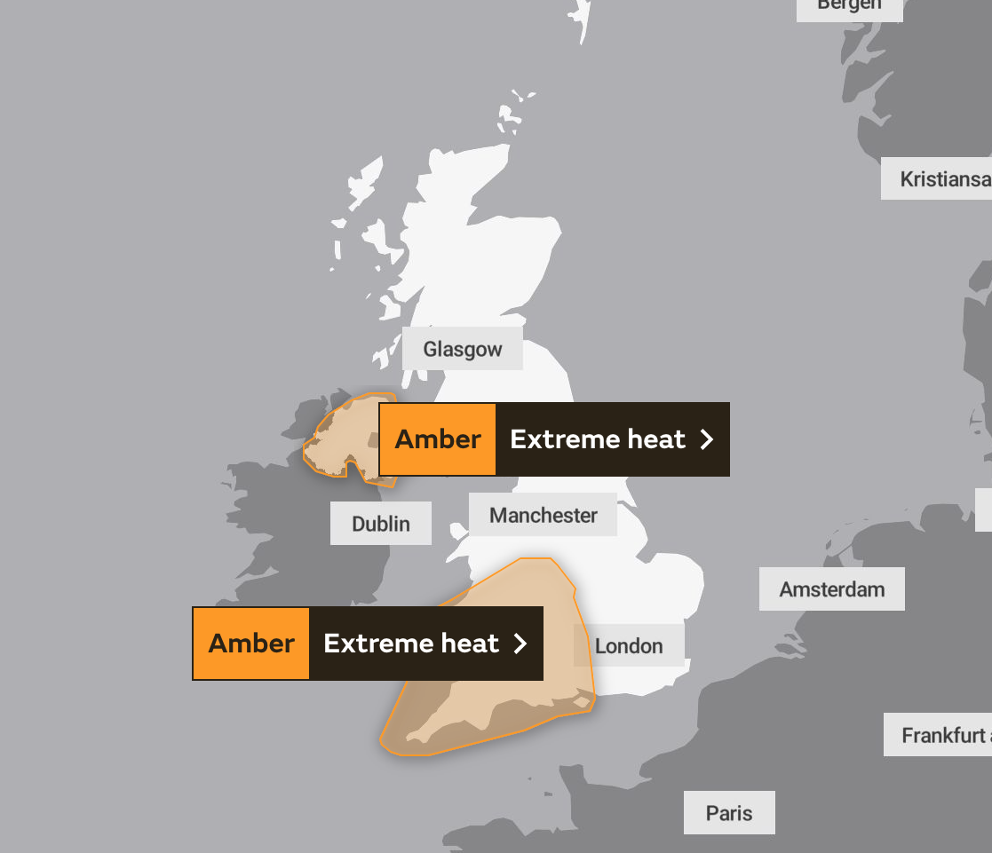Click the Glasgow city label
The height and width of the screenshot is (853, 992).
[463, 349]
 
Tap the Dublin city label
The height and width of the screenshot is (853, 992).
[381, 524]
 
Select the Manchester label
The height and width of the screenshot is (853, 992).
[544, 515]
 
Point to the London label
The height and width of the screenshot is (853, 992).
[629, 645]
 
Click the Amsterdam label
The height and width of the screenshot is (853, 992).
[832, 589]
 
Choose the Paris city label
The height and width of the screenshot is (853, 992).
[729, 813]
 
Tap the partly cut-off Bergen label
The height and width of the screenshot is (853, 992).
[850, 5]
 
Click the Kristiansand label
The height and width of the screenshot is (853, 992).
[941, 179]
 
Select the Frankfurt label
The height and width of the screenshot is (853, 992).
[941, 735]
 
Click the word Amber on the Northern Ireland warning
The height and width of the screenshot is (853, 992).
[438, 439]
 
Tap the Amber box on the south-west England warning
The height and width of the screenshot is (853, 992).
[251, 644]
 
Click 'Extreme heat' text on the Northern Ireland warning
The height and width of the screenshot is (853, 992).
[598, 439]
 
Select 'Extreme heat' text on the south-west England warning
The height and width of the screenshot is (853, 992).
[411, 644]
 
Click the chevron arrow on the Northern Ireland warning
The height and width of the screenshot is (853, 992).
[707, 439]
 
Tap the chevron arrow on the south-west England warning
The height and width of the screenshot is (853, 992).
[520, 644]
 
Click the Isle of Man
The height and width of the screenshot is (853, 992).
[458, 532]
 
